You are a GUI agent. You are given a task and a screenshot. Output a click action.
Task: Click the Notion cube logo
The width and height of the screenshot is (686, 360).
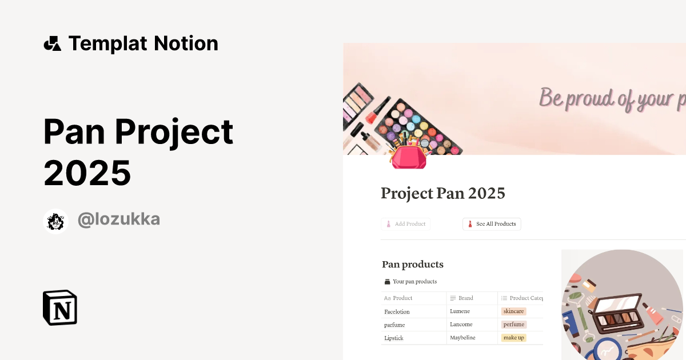tap(60, 307)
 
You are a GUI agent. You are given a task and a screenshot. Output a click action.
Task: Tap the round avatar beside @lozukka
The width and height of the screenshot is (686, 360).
tap(55, 221)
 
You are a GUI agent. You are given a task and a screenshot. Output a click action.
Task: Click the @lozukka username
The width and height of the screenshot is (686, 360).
tap(118, 219)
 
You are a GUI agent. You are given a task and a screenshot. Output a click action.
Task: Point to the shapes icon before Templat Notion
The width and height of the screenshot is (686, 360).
tap(52, 43)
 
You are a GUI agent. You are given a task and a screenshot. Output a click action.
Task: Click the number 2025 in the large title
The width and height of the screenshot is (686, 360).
tap(87, 173)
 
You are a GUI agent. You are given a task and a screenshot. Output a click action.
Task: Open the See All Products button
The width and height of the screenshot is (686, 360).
tap(492, 224)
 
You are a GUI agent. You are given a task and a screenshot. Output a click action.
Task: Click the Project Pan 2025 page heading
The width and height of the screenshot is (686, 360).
tap(443, 193)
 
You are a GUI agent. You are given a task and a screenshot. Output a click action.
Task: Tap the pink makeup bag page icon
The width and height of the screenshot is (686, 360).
tap(408, 156)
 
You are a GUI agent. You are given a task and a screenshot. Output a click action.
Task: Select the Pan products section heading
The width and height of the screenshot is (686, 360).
tap(413, 264)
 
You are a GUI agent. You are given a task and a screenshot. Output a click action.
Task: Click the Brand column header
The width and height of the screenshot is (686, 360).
tap(465, 298)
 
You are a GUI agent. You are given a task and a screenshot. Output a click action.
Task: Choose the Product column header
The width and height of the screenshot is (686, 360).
tap(402, 298)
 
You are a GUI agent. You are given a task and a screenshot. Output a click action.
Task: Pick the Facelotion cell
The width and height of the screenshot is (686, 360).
tap(397, 311)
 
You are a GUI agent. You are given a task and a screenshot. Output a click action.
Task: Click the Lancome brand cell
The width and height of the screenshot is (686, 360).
tap(461, 325)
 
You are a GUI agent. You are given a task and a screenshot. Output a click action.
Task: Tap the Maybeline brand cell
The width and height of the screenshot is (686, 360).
tap(462, 338)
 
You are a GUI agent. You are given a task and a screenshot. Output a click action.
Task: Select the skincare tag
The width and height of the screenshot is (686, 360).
tap(513, 311)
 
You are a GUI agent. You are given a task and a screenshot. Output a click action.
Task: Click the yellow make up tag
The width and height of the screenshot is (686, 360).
tap(513, 338)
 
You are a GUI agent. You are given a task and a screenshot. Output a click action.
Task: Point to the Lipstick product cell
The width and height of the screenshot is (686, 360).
tap(394, 338)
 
